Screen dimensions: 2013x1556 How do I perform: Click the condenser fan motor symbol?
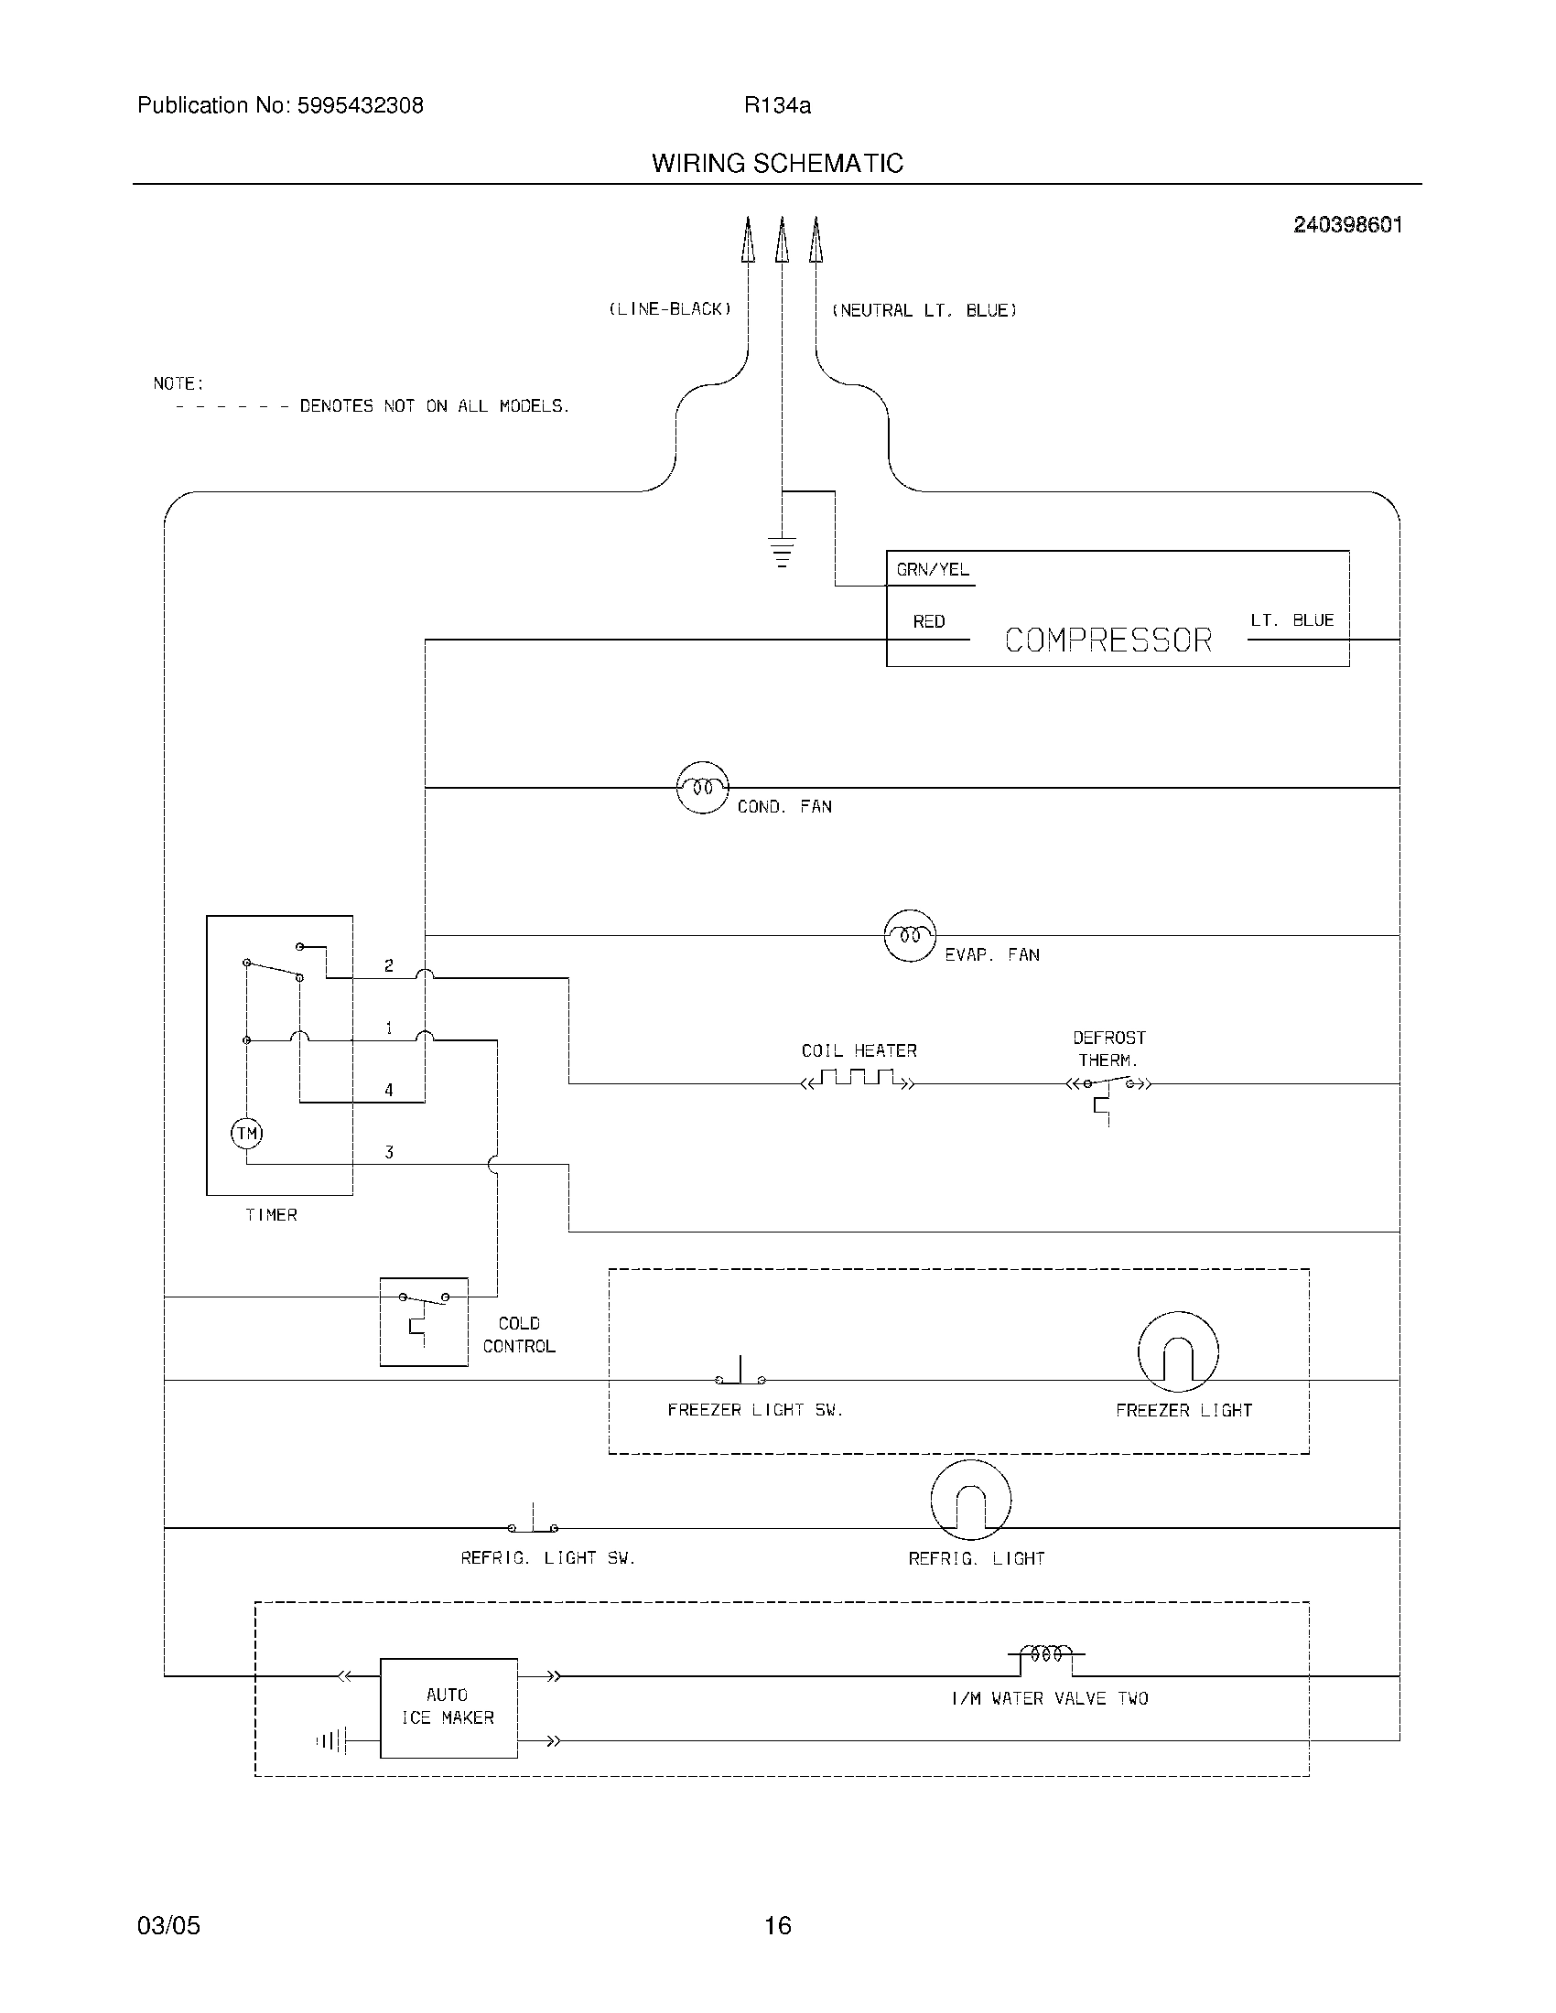point(702,788)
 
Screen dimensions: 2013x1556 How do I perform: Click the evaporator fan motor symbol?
point(910,935)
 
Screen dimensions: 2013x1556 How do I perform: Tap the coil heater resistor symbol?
point(859,1080)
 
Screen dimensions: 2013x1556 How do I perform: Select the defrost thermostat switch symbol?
point(1109,1088)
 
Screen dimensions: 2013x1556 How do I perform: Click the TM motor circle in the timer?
point(246,1133)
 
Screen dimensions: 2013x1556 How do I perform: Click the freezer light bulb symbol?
point(1178,1351)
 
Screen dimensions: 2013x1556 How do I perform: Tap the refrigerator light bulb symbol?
point(970,1500)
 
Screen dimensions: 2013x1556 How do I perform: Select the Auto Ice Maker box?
point(448,1707)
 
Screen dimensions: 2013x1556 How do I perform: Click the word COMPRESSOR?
point(1108,640)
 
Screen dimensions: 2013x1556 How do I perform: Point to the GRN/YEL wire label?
point(933,570)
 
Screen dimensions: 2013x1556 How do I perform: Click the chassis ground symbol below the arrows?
point(782,551)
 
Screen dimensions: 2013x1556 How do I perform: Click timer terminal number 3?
point(389,1152)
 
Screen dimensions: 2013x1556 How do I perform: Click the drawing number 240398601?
point(1346,225)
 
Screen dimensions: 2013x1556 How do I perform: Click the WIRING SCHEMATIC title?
point(777,164)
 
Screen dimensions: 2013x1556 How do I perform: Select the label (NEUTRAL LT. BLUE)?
point(924,310)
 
